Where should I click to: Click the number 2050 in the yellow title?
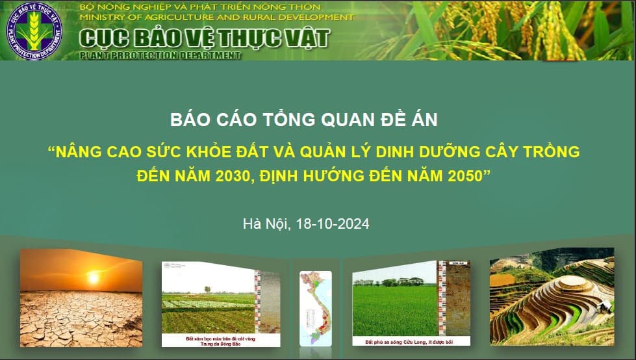(461, 175)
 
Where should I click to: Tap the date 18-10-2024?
(332, 224)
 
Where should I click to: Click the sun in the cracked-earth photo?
(94, 277)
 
